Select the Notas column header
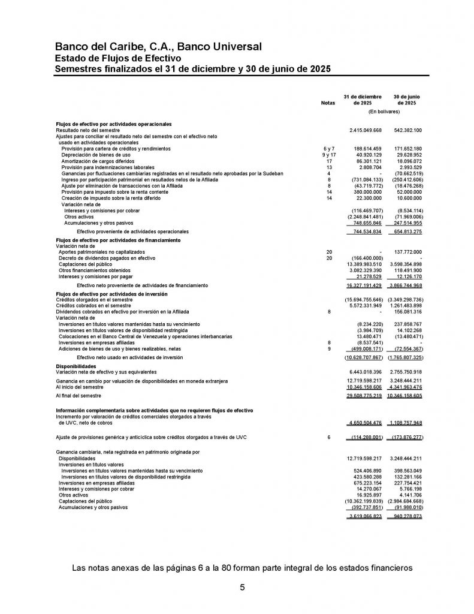point(328,103)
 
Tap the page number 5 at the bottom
point(242,587)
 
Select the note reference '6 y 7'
point(328,149)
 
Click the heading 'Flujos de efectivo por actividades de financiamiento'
point(117,240)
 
